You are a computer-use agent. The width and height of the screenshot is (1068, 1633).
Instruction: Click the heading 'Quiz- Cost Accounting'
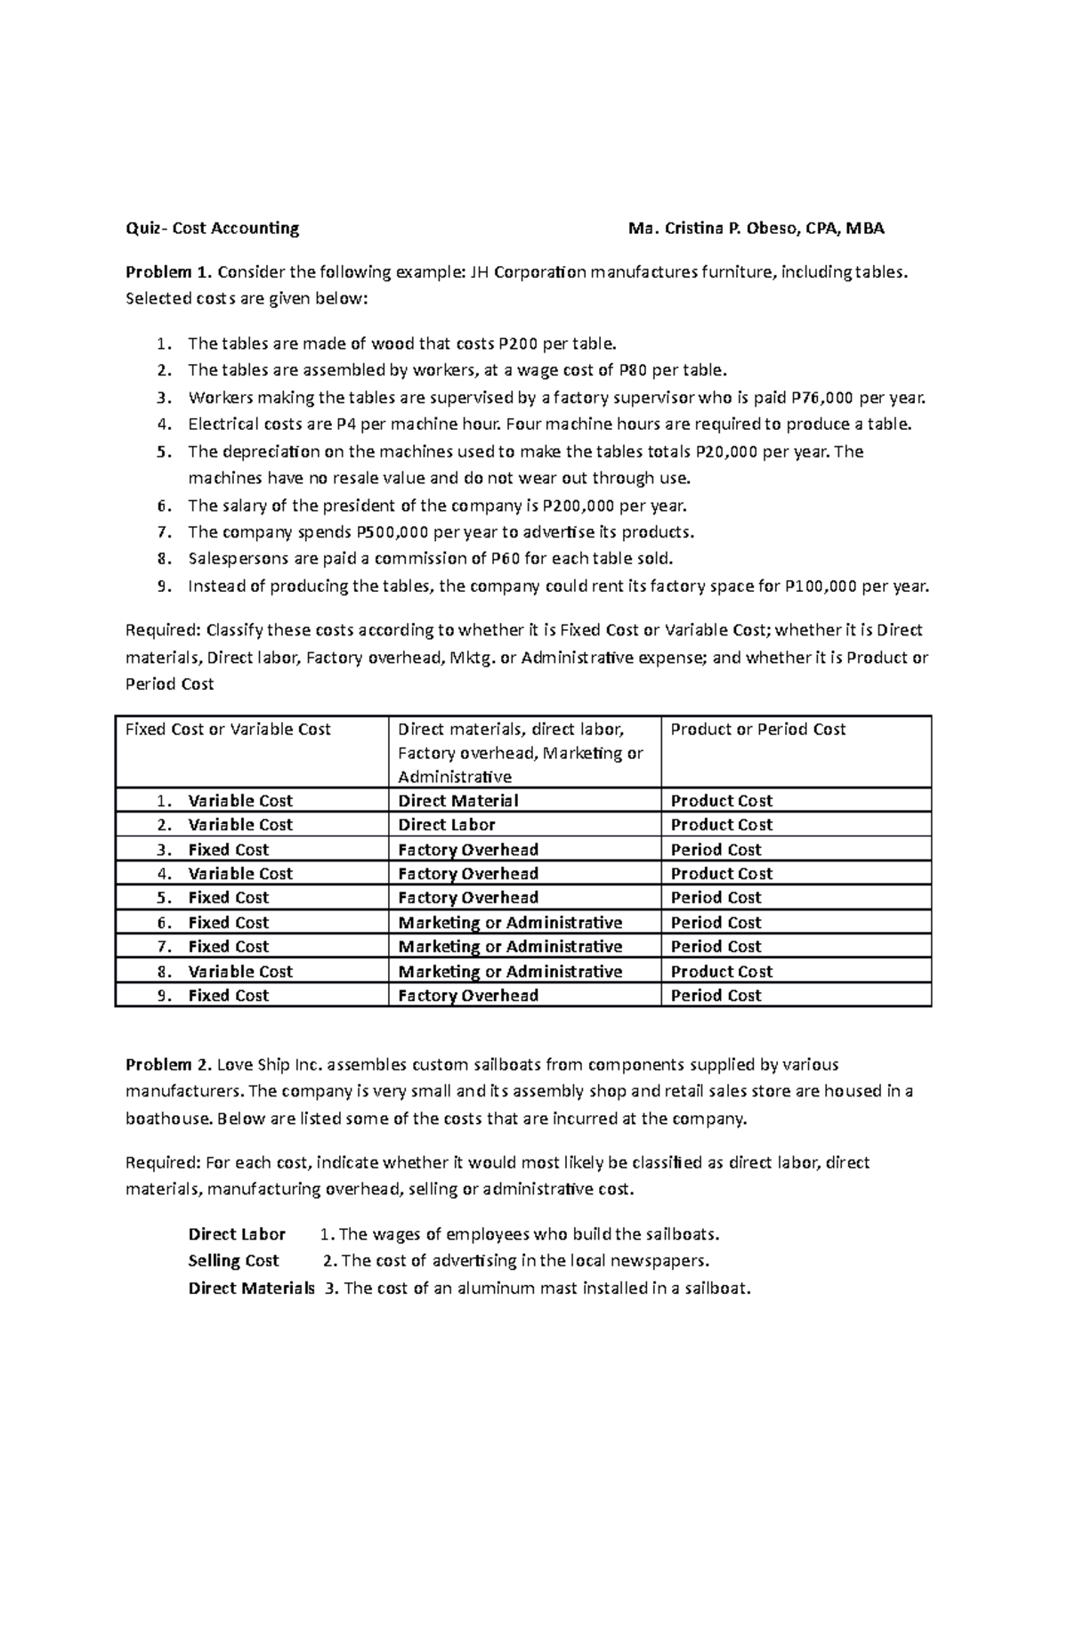coord(212,228)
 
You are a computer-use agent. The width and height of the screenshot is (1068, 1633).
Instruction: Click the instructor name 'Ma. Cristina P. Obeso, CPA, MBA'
coord(756,228)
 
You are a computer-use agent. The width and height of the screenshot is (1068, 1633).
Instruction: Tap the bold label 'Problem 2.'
coord(168,1064)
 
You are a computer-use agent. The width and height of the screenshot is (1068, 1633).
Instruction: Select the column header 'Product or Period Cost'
coord(757,729)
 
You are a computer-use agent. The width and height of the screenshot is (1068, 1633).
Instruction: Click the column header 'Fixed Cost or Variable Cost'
coord(228,729)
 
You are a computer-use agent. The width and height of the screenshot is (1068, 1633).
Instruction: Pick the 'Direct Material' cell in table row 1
coord(457,800)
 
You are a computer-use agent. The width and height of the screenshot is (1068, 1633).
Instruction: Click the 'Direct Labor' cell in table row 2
coord(446,824)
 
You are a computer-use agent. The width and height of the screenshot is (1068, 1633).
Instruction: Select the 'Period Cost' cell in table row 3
coord(716,849)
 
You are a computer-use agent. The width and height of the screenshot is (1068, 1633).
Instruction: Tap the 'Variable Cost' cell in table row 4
coord(239,873)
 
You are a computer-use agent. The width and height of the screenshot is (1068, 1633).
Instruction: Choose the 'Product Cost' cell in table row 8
coord(721,971)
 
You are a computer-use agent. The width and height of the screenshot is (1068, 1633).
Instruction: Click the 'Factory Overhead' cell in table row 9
coord(467,995)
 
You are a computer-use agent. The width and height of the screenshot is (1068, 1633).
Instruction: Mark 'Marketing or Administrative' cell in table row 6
coord(510,922)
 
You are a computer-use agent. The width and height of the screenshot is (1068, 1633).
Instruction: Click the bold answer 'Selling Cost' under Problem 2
coord(233,1260)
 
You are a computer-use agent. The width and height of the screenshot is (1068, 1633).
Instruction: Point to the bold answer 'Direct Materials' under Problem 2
coord(251,1288)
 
